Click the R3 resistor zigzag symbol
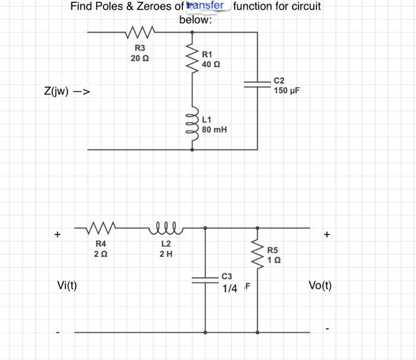(x=141, y=31)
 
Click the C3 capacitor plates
(x=205, y=282)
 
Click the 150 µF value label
(x=287, y=90)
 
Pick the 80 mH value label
(x=215, y=129)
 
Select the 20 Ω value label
(x=140, y=58)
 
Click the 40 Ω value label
(x=211, y=64)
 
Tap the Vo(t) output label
(x=320, y=286)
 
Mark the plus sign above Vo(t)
(x=327, y=235)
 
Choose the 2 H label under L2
(x=166, y=254)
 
